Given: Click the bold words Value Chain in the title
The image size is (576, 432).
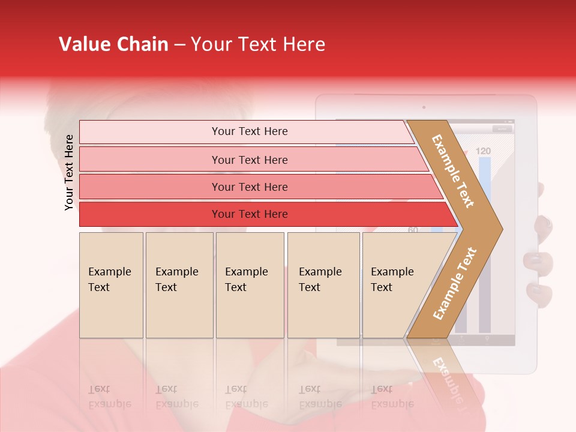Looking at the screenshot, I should (x=113, y=44).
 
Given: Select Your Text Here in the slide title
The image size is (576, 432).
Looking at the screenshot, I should (x=258, y=44).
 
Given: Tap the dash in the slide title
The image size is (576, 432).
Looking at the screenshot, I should (x=179, y=45).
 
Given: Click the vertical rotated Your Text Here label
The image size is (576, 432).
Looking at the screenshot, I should (x=69, y=172).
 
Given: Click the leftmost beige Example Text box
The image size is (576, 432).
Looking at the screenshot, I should (x=111, y=284).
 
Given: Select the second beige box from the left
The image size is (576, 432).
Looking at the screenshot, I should (x=179, y=284).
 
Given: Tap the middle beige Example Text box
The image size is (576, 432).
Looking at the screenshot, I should (x=250, y=284).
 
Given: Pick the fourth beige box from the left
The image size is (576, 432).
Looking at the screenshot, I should (x=323, y=284).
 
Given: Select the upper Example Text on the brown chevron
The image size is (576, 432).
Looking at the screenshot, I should (x=453, y=171).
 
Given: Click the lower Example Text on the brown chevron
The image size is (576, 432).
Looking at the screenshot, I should (x=455, y=283).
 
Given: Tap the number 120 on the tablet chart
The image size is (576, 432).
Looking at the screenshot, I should (x=484, y=151).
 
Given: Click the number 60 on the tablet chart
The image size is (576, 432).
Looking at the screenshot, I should (x=413, y=230).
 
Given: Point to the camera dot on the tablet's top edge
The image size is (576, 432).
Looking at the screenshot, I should (x=424, y=107).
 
